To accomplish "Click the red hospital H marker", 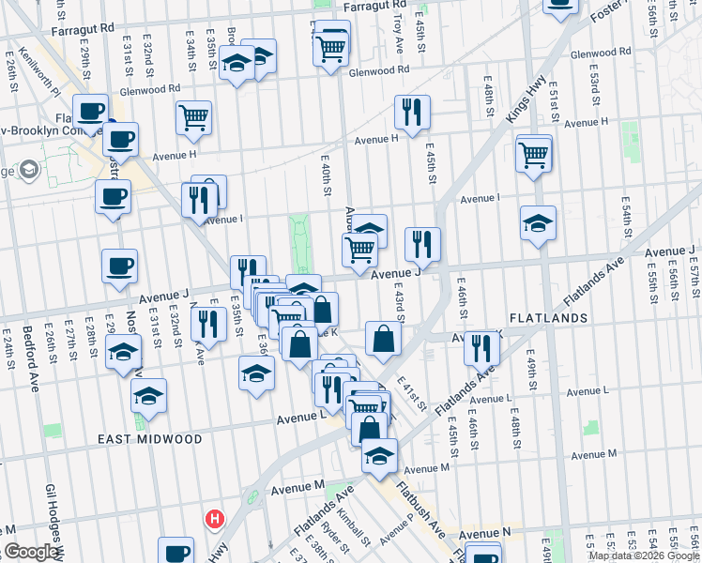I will (215, 518).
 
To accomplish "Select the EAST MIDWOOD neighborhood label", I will (150, 439).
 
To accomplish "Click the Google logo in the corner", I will (30, 552).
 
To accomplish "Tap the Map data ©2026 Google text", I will (645, 555).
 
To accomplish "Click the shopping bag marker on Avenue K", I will (384, 338).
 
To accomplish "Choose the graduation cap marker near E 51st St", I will (539, 223).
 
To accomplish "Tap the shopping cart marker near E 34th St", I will (193, 117).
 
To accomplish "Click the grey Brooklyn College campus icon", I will (29, 170).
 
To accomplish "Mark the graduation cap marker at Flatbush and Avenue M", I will (380, 455).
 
